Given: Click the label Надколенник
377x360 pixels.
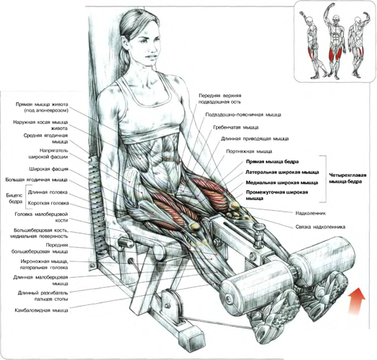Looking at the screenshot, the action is pos(310,213).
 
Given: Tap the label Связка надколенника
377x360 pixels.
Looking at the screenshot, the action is pos(320,227).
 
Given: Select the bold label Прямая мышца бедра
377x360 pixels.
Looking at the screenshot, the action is pos(272,161).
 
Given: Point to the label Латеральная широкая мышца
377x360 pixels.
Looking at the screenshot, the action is pos(282,172).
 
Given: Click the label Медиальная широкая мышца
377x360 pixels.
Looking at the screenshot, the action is pos(282,183).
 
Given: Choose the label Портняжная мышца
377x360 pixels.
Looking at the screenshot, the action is pos(249,151).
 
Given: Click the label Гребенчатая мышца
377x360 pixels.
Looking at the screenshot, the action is pos(236,127).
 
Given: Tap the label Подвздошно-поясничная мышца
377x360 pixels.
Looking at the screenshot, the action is pos(243,114).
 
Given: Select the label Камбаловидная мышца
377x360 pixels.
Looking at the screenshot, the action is pos(41,310).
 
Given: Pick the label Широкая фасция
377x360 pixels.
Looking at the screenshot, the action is pos(49,169).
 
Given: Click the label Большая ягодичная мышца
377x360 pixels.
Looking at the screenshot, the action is pos(37,180).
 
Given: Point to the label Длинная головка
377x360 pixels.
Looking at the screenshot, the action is pos(48,192).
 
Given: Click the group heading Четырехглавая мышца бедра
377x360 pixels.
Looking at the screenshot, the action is pos(346,178).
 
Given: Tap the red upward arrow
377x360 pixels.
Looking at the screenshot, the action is pos(357,301).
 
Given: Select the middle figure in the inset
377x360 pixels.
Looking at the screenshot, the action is pos(335,41).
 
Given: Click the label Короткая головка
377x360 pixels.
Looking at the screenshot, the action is pos(48,203).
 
